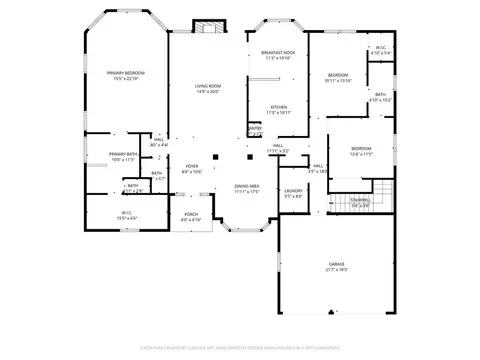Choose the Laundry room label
click(x=293, y=192)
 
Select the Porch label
click(x=190, y=216)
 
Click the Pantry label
click(x=255, y=131)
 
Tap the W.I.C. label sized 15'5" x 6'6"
click(x=128, y=214)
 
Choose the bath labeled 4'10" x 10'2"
click(x=381, y=97)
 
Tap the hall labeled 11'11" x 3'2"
click(x=277, y=147)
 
